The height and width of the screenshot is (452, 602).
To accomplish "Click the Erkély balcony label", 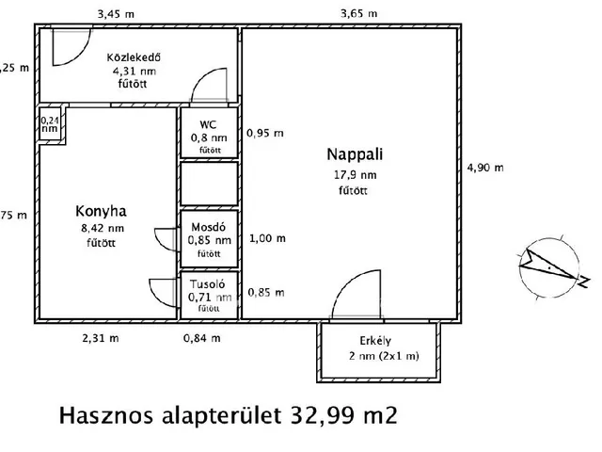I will click(x=375, y=340).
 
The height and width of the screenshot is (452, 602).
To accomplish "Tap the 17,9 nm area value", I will click(x=356, y=174).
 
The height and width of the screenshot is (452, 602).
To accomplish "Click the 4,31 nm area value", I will click(x=134, y=70).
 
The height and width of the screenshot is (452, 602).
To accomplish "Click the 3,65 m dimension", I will click(x=359, y=13).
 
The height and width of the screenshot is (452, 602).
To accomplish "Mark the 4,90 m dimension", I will click(x=485, y=168).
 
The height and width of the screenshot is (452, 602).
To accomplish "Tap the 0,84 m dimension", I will click(x=202, y=337).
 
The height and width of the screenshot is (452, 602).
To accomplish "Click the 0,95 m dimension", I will click(x=264, y=133).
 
